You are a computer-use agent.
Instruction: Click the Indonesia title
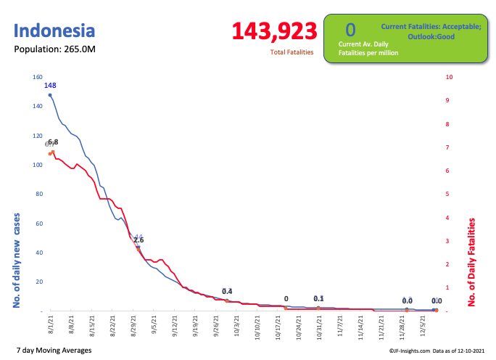coord(54,31)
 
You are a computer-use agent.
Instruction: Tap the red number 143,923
coord(274,31)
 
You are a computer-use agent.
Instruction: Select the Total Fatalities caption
coord(292,52)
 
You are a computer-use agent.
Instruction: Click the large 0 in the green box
coord(350,30)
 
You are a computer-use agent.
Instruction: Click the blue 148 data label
coord(50,86)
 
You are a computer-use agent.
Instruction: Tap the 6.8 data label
coord(54,142)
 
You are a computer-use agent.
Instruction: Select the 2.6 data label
coord(139,240)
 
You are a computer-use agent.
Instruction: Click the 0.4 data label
coord(227,291)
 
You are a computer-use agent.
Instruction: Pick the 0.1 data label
coord(318,298)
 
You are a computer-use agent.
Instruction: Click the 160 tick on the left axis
coord(37,77)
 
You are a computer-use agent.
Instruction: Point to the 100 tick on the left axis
coord(37,165)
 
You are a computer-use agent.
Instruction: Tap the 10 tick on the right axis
coord(450,77)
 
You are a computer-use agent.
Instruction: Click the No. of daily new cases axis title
coord(17,259)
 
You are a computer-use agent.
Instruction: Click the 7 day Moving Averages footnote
coord(54,351)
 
